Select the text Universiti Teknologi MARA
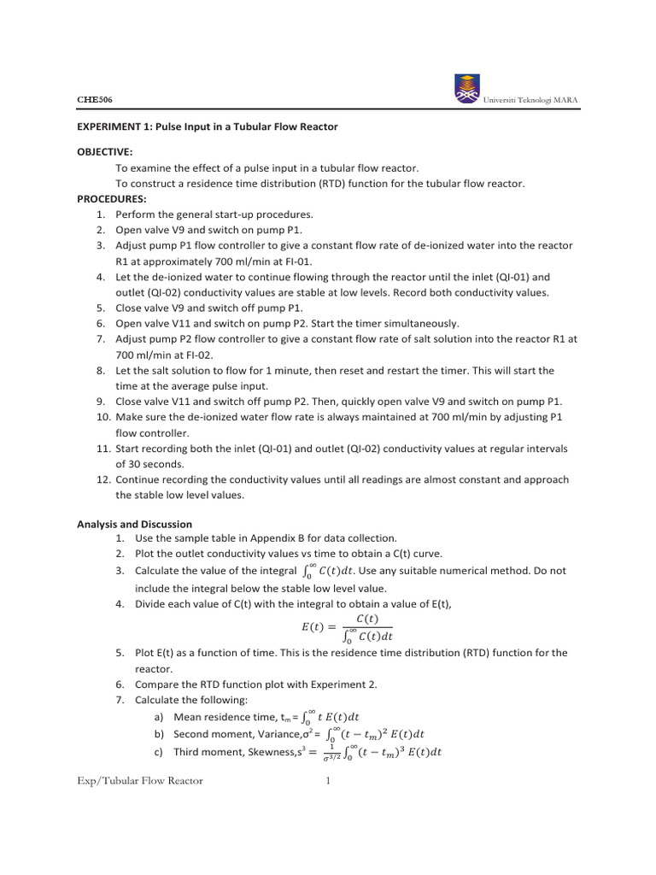click(530, 101)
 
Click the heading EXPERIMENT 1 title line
click(208, 126)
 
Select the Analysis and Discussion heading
click(135, 524)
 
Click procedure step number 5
click(100, 308)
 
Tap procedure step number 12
click(100, 479)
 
